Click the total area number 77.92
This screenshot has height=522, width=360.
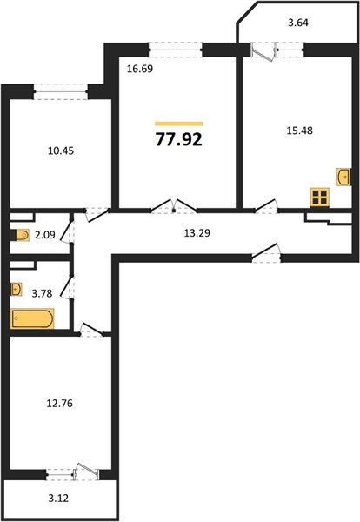click(x=178, y=139)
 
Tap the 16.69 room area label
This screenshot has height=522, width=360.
click(x=140, y=69)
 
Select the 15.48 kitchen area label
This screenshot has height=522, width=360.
click(x=299, y=130)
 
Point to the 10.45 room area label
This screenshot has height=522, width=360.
click(x=61, y=151)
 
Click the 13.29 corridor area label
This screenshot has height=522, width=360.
click(x=197, y=232)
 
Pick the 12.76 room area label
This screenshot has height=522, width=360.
click(x=59, y=403)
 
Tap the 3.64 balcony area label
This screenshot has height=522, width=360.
click(x=297, y=23)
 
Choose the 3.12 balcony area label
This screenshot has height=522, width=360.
click(x=58, y=498)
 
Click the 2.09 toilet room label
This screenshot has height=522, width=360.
click(x=45, y=235)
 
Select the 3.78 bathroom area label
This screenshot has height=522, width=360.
click(x=42, y=293)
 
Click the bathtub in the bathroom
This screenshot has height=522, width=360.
click(x=32, y=319)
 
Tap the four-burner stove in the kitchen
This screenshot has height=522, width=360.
click(x=320, y=197)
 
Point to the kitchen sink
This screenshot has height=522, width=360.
click(x=343, y=177)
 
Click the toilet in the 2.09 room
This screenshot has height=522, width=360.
click(x=20, y=235)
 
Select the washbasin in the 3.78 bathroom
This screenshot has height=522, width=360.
click(x=16, y=289)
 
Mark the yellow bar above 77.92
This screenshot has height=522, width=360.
click(x=178, y=124)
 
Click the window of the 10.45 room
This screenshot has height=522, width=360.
click(x=61, y=91)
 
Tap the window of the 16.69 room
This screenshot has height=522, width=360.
click(x=176, y=50)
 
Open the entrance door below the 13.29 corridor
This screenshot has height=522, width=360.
click(x=266, y=252)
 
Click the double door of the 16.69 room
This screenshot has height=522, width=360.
click(x=174, y=205)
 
